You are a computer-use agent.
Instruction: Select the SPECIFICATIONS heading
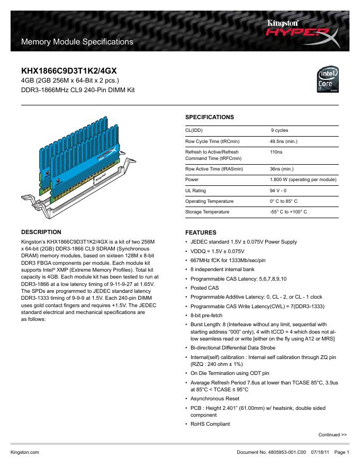click(x=209, y=116)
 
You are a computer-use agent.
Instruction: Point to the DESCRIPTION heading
click(x=41, y=232)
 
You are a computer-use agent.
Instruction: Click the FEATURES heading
click(x=200, y=232)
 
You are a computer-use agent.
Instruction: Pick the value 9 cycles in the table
click(x=280, y=130)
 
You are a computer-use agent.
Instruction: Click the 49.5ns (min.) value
click(x=283, y=141)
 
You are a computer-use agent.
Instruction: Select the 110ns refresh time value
click(x=276, y=152)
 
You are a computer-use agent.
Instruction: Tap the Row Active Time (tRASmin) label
click(x=214, y=169)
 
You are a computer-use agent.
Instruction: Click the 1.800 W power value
click(x=303, y=180)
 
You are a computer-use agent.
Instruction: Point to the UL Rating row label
click(x=195, y=191)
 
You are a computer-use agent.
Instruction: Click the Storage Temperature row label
click(x=207, y=212)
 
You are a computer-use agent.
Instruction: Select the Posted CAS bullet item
click(x=204, y=288)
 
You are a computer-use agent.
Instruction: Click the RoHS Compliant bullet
click(x=210, y=424)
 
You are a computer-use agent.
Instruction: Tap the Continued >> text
click(x=332, y=435)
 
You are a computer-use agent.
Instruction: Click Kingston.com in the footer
click(x=25, y=453)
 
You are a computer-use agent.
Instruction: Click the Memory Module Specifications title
click(x=76, y=41)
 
